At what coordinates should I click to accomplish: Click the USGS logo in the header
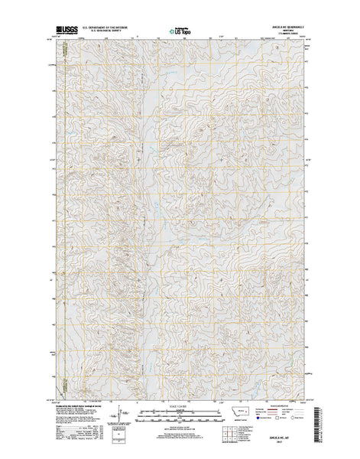pos(66,31)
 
